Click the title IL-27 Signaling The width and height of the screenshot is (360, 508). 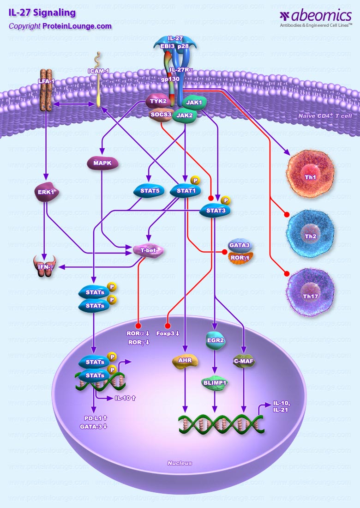(x=42, y=12)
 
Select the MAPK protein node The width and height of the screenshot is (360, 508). (x=102, y=163)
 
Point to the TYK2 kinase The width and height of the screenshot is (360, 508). (x=158, y=101)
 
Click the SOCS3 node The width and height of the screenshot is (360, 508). (x=160, y=114)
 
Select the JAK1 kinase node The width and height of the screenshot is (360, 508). (x=195, y=103)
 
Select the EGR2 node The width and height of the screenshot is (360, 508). (x=216, y=341)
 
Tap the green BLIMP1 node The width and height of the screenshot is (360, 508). (x=216, y=383)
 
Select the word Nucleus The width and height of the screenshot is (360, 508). (x=180, y=463)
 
